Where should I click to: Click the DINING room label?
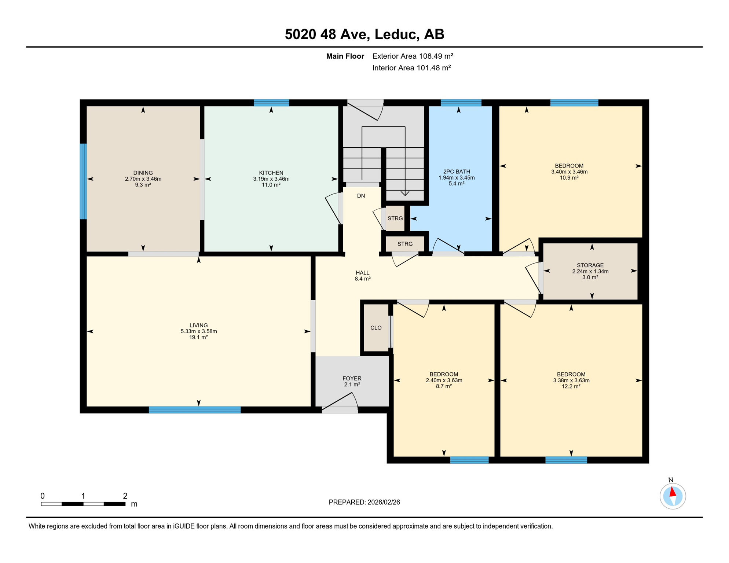click(x=143, y=173)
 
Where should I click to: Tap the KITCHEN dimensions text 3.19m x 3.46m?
click(x=271, y=179)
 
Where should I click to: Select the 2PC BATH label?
click(x=457, y=172)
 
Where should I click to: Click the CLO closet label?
click(x=376, y=328)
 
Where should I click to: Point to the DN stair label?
click(x=361, y=196)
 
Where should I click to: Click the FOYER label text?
click(x=352, y=378)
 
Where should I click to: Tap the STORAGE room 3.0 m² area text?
click(x=590, y=277)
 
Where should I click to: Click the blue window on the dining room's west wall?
click(x=84, y=181)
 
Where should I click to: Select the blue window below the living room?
click(x=195, y=410)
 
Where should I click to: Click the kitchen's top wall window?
click(x=271, y=103)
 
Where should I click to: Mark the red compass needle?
click(x=673, y=492)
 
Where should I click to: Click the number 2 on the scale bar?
click(x=125, y=496)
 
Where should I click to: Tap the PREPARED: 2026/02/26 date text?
click(x=364, y=502)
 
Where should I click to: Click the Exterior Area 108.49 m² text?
click(x=413, y=56)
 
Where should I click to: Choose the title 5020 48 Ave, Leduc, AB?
click(x=364, y=34)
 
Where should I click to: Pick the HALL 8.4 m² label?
click(x=362, y=276)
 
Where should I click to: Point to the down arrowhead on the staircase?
click(x=405, y=193)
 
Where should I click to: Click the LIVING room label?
click(x=198, y=325)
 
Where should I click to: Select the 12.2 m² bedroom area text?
click(x=571, y=386)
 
